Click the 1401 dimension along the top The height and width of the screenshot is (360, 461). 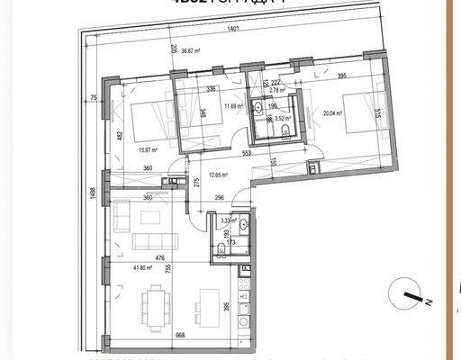coord(234,31)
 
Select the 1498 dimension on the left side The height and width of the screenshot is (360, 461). coord(92,195)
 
